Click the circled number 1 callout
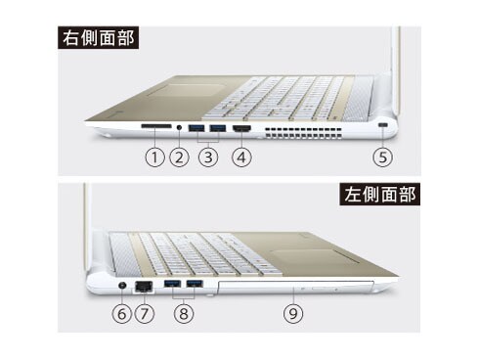[154, 157]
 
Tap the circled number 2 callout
[179, 157]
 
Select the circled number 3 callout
[208, 157]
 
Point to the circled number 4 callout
[241, 157]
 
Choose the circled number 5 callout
[382, 157]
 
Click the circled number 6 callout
[121, 314]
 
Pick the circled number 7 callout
[144, 314]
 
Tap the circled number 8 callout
[184, 314]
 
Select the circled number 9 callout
[293, 314]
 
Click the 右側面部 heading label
[98, 38]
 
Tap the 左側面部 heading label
[379, 194]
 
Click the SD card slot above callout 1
[156, 126]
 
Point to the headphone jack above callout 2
[179, 126]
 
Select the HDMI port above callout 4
[241, 128]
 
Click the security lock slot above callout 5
[383, 125]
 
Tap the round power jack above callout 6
[122, 286]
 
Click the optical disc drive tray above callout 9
[296, 287]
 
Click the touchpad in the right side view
[187, 90]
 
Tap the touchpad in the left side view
[314, 257]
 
